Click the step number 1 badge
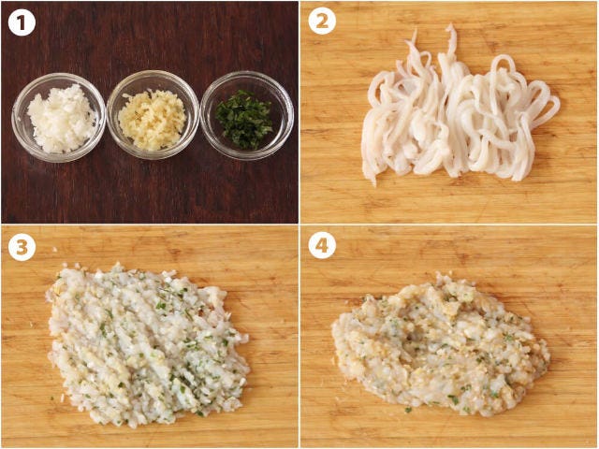point(22,22)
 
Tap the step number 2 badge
point(322,21)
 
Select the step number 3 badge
point(22,247)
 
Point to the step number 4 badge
point(322,245)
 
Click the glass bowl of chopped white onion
point(58,118)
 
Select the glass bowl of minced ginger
point(153,114)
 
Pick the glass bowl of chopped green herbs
point(247,115)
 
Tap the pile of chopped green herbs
point(244,119)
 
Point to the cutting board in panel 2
point(448,202)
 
